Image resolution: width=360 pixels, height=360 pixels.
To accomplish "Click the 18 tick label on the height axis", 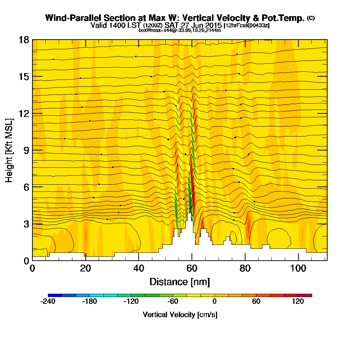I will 23,40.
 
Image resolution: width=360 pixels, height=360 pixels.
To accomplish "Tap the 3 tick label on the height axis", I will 26,224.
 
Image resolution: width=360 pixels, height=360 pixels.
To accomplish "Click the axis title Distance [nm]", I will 180,282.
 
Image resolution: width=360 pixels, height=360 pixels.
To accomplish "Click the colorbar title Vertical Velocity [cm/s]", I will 180,315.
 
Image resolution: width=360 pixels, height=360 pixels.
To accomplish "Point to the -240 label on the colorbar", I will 48,302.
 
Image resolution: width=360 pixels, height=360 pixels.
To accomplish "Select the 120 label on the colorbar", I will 298,302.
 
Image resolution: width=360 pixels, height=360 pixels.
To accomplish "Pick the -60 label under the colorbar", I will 173,302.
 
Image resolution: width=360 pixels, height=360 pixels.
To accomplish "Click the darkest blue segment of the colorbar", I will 55,295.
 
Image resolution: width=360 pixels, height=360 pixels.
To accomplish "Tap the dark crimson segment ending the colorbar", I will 305,295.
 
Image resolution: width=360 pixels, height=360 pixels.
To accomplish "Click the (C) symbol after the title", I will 310,18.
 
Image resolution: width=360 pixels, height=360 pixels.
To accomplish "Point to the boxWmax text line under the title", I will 180,30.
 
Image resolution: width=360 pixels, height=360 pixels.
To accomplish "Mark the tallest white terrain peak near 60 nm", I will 189,215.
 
